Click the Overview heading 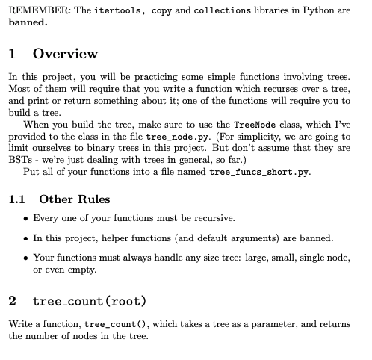click(65, 54)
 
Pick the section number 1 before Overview click(13, 54)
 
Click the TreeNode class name click(256, 124)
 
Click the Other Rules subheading click(74, 199)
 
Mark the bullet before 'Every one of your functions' click(27, 218)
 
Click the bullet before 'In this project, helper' click(27, 238)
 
